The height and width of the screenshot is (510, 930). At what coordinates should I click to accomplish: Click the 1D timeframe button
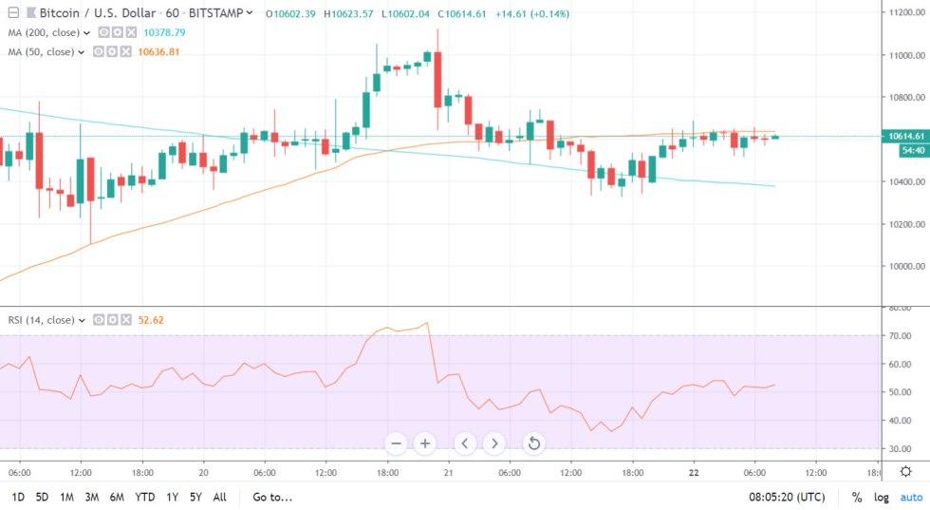[17, 497]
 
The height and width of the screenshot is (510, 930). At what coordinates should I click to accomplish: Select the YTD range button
[145, 497]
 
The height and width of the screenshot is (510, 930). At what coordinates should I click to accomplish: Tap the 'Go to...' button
[272, 497]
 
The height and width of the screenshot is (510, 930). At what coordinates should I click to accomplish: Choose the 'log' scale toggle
[883, 497]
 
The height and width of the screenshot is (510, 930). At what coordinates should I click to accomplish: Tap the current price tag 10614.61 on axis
[904, 136]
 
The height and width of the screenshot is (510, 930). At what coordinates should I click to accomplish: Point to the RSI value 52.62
[151, 320]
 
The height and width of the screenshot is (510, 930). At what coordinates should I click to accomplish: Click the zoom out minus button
[397, 444]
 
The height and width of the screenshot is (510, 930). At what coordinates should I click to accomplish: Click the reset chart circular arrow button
[534, 444]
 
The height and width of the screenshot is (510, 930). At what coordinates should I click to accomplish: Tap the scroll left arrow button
[465, 444]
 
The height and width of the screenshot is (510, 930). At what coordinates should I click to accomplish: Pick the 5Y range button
[195, 497]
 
